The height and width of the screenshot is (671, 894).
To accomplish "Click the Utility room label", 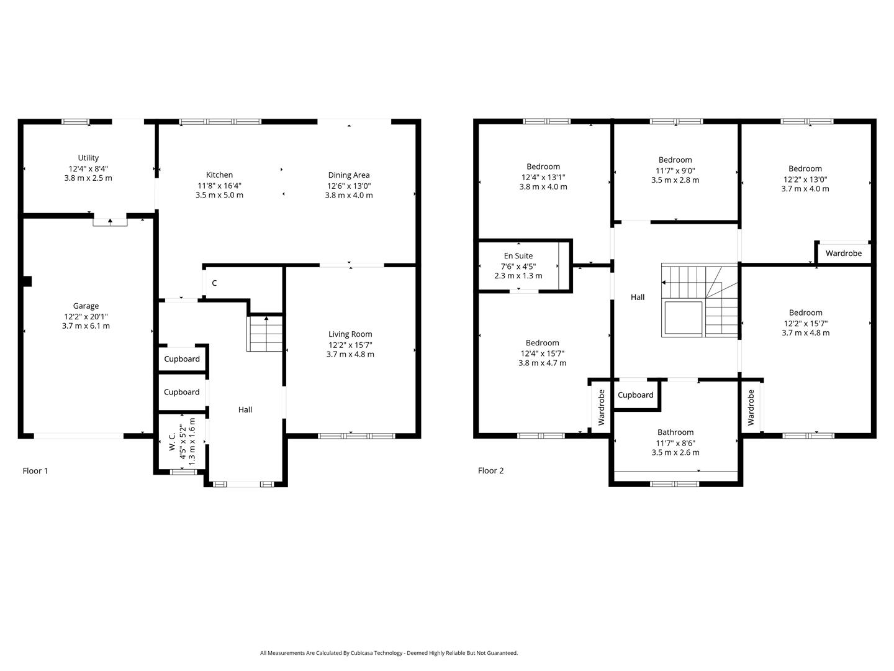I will [x=88, y=158].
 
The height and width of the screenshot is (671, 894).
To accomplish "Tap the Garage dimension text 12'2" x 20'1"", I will [x=86, y=316].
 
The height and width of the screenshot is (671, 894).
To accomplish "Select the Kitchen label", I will [x=219, y=175].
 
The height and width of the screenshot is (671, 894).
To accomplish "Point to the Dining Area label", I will [x=348, y=175].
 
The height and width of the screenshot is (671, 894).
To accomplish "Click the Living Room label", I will [x=350, y=334].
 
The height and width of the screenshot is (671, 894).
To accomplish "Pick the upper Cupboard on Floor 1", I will [x=182, y=359].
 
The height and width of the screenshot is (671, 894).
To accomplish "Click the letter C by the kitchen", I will [x=214, y=283].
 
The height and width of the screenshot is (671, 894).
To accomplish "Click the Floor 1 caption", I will [x=35, y=471].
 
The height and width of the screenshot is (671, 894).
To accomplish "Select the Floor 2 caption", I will [x=490, y=471].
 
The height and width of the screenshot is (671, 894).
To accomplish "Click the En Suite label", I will [x=518, y=256].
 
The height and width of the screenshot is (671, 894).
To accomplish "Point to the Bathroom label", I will [x=675, y=432].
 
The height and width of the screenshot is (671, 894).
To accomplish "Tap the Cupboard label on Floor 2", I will [x=636, y=395].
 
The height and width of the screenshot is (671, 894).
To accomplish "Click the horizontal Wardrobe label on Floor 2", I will [x=843, y=253].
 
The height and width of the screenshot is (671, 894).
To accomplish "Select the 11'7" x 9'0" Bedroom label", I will [x=675, y=160].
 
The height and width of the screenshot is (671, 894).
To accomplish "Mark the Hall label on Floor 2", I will [x=638, y=298].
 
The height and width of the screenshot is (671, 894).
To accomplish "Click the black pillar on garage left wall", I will [x=27, y=281].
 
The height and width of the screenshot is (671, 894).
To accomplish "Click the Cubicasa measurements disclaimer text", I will [x=389, y=653].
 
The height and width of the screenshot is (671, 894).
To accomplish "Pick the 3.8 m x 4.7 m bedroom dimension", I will [x=542, y=363].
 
